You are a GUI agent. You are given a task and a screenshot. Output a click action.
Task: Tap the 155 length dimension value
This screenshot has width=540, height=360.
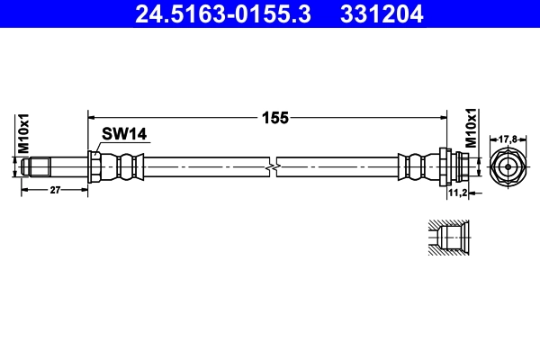[x=267, y=116]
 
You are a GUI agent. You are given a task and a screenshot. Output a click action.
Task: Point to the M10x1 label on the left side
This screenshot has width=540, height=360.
[x=24, y=133]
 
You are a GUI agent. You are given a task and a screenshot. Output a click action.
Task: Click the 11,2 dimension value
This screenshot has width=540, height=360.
[x=456, y=193]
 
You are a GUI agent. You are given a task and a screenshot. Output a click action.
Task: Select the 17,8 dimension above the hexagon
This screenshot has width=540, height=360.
[x=508, y=139]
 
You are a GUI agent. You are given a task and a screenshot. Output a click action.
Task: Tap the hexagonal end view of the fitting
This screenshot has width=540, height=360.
[x=508, y=166]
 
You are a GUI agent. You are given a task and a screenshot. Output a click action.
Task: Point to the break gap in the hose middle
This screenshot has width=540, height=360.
[x=273, y=166]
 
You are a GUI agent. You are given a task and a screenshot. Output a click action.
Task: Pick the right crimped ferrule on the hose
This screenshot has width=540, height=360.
[x=416, y=166]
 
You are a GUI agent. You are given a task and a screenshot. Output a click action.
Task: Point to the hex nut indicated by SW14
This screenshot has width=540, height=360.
[x=94, y=166]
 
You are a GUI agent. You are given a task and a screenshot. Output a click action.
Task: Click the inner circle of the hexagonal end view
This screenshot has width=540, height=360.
[x=508, y=166]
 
